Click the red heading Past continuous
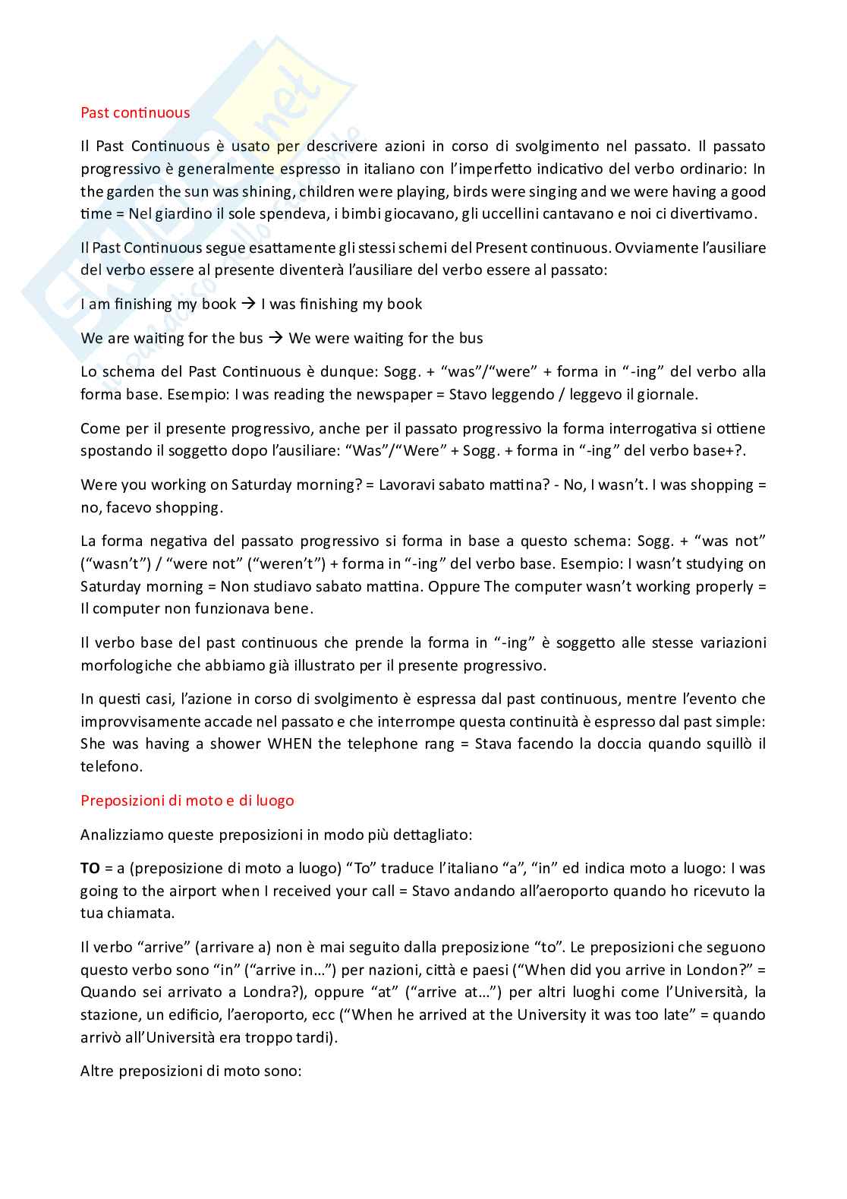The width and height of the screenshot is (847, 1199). click(135, 113)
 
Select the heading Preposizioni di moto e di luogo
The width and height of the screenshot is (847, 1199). click(187, 800)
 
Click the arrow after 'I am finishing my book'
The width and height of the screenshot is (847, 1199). click(249, 304)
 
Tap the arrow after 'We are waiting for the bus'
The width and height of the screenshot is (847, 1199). click(276, 338)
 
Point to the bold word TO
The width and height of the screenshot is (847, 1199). click(90, 868)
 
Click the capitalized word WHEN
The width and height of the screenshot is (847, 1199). click(289, 743)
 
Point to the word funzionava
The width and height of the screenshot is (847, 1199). click(210, 608)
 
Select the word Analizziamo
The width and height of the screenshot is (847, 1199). click(121, 835)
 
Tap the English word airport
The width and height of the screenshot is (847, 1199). click(191, 891)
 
